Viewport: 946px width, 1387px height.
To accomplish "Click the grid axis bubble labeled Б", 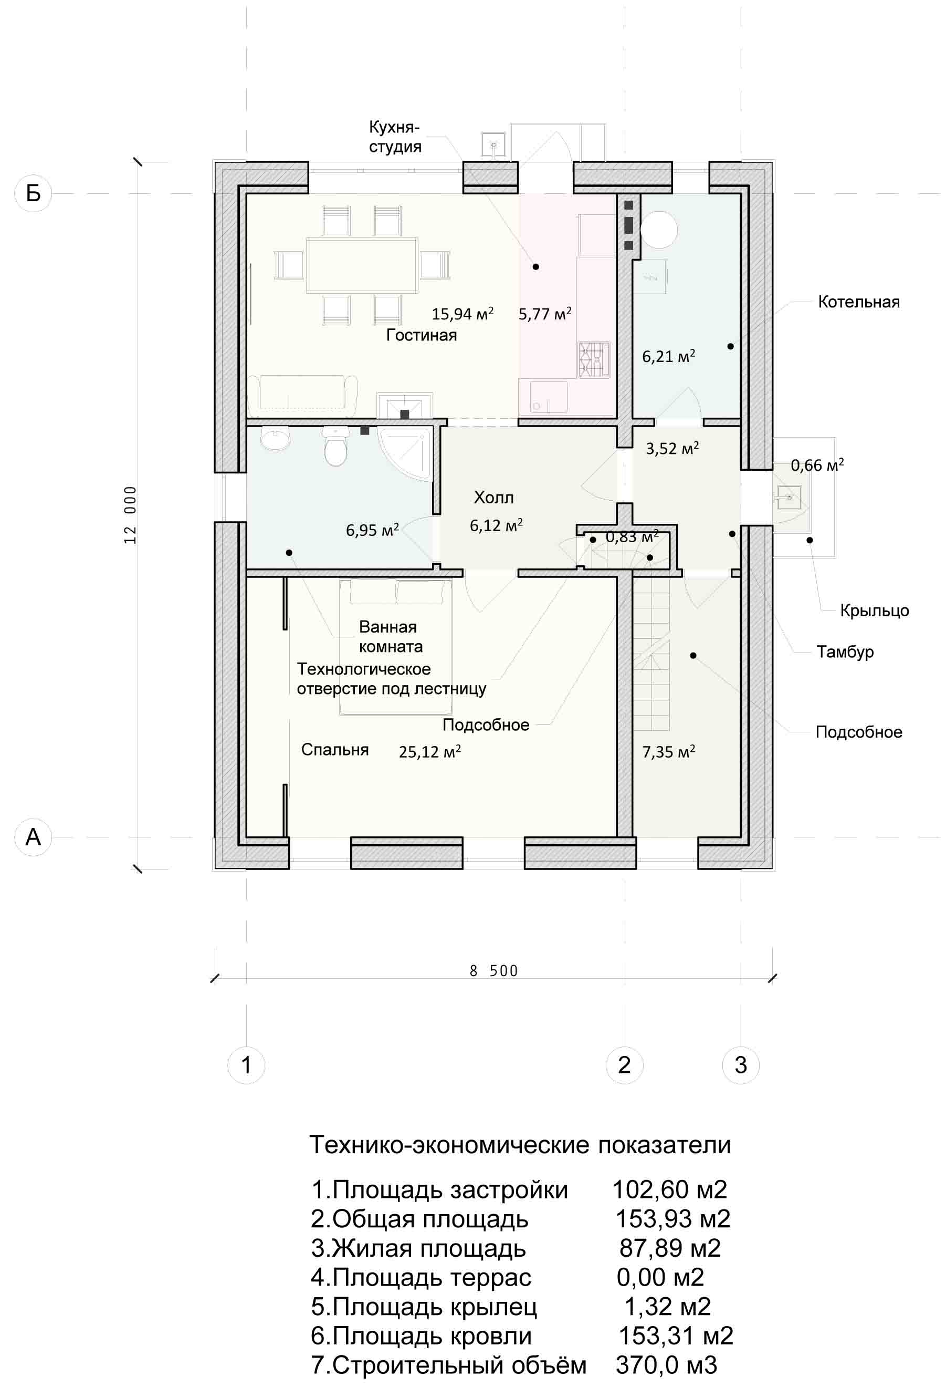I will pyautogui.click(x=34, y=193).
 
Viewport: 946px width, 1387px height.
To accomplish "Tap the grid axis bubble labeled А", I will pyautogui.click(x=34, y=837).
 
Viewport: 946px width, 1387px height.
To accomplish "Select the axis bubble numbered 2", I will pyautogui.click(x=625, y=1065).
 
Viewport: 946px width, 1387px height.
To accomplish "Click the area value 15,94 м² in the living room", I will pyautogui.click(x=463, y=314).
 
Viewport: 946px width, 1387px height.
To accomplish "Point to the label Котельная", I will pyautogui.click(x=858, y=302).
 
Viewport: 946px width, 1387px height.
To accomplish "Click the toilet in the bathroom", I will pyautogui.click(x=335, y=447).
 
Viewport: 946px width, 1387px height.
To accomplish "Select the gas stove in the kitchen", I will pyautogui.click(x=594, y=359).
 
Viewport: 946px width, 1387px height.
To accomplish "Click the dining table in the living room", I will pyautogui.click(x=362, y=265).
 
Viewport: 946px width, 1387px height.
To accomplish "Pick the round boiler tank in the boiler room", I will pyautogui.click(x=658, y=230).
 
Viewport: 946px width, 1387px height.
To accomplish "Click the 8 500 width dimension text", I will pyautogui.click(x=494, y=971).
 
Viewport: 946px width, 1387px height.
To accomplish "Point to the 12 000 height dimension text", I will pyautogui.click(x=130, y=514).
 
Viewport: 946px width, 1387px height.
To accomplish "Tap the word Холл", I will pyautogui.click(x=493, y=497).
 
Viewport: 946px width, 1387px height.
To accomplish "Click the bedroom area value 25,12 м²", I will pyautogui.click(x=429, y=751).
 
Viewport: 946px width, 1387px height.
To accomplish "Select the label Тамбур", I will pyautogui.click(x=845, y=651).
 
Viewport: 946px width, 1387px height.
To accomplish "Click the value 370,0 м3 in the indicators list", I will pyautogui.click(x=666, y=1364).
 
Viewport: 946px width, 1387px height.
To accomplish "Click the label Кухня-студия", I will pyautogui.click(x=395, y=137).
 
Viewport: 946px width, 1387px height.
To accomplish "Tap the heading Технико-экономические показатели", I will pyautogui.click(x=520, y=1145).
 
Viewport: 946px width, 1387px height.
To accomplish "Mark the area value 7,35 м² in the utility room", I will pyautogui.click(x=668, y=751).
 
